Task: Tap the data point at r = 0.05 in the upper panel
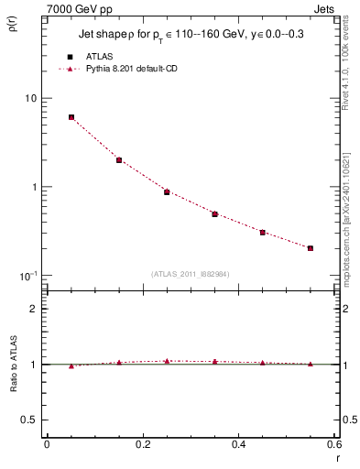click(x=71, y=117)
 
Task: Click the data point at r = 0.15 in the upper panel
click(x=119, y=160)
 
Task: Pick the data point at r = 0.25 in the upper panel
click(x=167, y=192)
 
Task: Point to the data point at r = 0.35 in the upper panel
click(x=214, y=214)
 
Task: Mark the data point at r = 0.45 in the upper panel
click(x=262, y=233)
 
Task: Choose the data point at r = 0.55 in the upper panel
click(x=311, y=248)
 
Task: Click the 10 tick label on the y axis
click(x=29, y=99)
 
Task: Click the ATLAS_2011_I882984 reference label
click(x=191, y=274)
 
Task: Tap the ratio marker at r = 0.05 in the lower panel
click(x=71, y=365)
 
